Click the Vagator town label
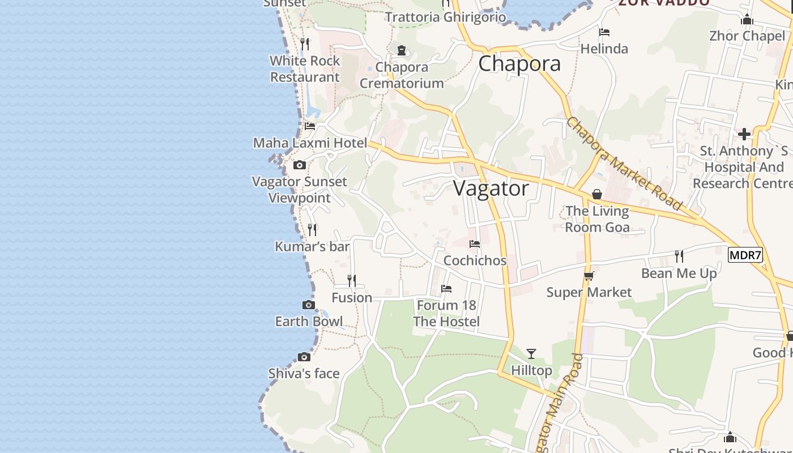pyautogui.click(x=491, y=188)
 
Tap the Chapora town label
pyautogui.click(x=519, y=63)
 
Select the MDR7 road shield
pyautogui.click(x=745, y=255)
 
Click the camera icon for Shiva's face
pyautogui.click(x=304, y=357)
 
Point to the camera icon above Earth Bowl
pyautogui.click(x=308, y=305)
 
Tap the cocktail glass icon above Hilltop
pyautogui.click(x=531, y=354)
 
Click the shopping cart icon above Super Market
pyautogui.click(x=589, y=276)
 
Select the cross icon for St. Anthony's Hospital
pyautogui.click(x=744, y=134)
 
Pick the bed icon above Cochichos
pyautogui.click(x=475, y=244)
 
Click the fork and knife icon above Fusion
pyautogui.click(x=352, y=280)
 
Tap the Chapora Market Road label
pyautogui.click(x=623, y=163)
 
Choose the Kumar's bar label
pyautogui.click(x=312, y=246)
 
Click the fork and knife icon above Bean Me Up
pyautogui.click(x=679, y=257)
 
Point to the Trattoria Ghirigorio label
pyautogui.click(x=445, y=17)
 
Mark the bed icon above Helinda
pyautogui.click(x=604, y=32)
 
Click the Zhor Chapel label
pyautogui.click(x=747, y=36)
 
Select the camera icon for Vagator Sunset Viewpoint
pyautogui.click(x=300, y=165)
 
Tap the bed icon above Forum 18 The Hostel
pyautogui.click(x=446, y=289)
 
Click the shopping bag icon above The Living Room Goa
pyautogui.click(x=597, y=194)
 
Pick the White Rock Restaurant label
pyautogui.click(x=305, y=69)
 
